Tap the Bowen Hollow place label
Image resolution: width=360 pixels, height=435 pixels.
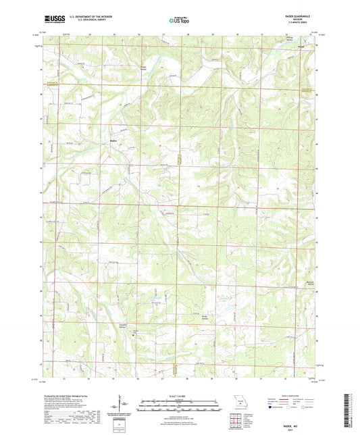143,68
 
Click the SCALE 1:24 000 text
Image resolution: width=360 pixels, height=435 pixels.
178,396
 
